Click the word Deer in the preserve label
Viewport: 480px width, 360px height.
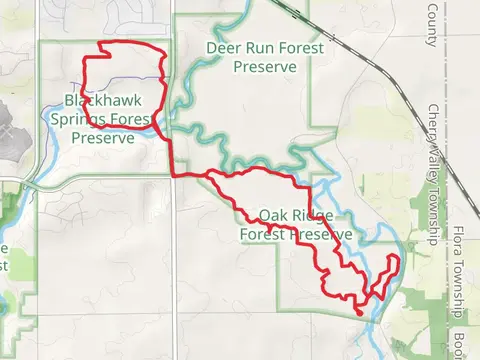pos(224,47)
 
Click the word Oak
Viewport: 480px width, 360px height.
pos(272,216)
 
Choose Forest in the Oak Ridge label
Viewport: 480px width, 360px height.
pos(262,235)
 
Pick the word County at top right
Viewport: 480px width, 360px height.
pos(433,23)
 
